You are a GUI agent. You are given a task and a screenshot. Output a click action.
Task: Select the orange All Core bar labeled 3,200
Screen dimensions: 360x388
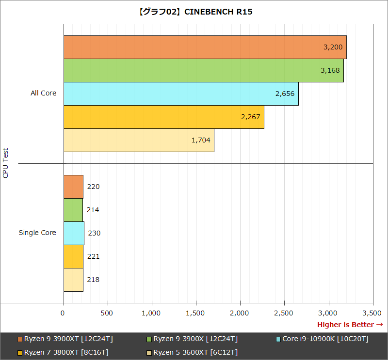tap(205, 47)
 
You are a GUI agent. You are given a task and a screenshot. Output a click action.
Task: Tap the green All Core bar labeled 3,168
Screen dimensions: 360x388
tap(203, 70)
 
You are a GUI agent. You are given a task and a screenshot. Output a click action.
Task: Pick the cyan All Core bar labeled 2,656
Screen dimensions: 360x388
tap(181, 94)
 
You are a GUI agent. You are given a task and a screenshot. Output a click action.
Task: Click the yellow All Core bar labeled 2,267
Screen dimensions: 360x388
tap(163, 117)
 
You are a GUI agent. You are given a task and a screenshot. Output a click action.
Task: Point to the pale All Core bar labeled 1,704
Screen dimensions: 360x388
tap(139, 140)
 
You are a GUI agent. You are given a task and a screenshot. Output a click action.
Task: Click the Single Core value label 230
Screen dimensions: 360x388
tap(94, 233)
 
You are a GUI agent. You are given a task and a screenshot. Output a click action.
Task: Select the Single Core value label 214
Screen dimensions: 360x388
tap(93, 210)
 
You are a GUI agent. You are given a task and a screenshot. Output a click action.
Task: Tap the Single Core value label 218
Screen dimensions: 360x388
tap(93, 280)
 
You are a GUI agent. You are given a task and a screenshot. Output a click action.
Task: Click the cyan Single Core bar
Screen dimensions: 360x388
tap(74, 233)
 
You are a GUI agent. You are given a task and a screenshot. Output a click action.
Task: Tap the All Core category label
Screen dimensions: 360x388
tap(43, 93)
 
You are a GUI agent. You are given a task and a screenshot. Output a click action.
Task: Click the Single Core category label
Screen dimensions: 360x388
tap(37, 233)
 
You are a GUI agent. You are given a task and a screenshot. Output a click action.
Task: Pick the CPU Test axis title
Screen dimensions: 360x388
tap(6, 163)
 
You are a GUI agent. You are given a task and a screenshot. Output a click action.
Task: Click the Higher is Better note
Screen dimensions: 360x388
tap(350, 325)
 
